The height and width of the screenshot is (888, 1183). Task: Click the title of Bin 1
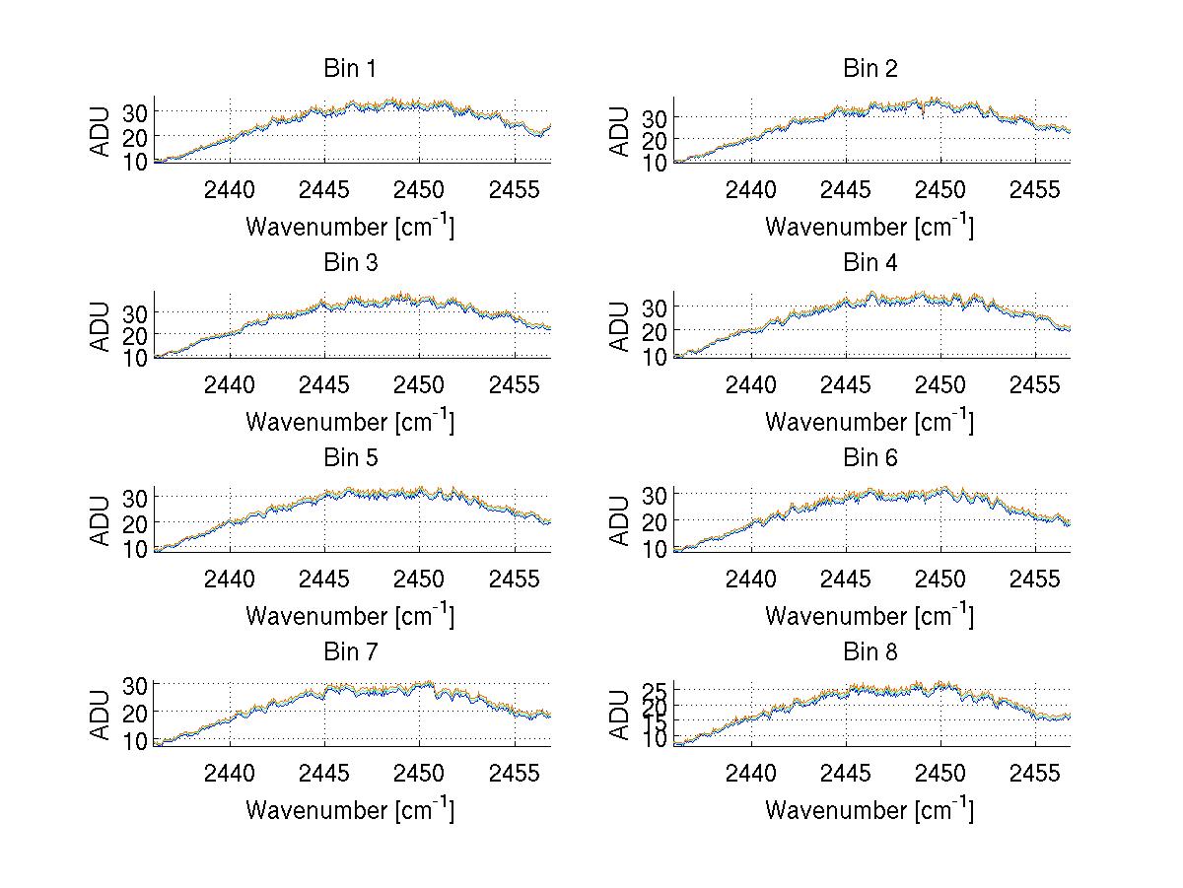[350, 69]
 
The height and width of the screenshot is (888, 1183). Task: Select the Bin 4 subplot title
[870, 263]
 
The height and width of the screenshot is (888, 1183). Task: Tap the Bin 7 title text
[350, 652]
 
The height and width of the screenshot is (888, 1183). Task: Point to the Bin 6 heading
[870, 458]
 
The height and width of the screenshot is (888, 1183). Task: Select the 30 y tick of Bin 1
[134, 111]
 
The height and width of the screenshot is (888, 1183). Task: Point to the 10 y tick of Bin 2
[654, 163]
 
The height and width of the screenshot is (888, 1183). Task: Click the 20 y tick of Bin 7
[134, 711]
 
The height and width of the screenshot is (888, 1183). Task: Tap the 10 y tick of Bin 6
[654, 548]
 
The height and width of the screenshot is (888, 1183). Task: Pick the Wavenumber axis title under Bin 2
[870, 227]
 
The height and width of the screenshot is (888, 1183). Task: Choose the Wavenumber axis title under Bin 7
[350, 810]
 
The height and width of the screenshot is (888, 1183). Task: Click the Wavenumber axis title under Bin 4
[870, 422]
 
